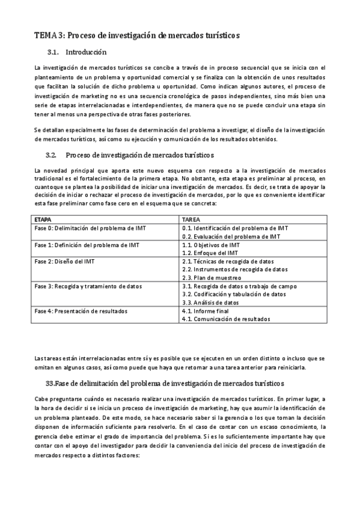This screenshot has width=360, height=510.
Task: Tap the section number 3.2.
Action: (x=50, y=155)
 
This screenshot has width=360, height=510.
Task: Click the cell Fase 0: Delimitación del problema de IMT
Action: (x=90, y=229)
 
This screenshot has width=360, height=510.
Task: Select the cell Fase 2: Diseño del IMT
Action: (x=64, y=262)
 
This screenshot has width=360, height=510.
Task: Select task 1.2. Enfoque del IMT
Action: (x=210, y=253)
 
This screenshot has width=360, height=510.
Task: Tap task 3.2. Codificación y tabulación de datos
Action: (x=234, y=295)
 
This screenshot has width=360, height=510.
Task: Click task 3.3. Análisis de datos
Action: (x=210, y=303)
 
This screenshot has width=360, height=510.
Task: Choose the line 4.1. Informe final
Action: (x=206, y=311)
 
